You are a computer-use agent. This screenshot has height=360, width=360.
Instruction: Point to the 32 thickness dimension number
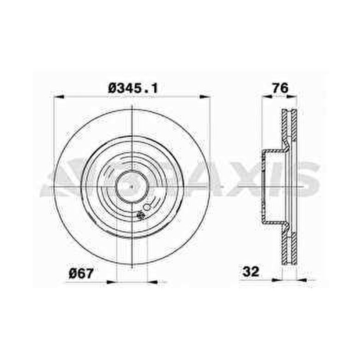coord(251,272)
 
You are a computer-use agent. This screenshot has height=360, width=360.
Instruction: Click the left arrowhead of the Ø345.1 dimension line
coord(59,97)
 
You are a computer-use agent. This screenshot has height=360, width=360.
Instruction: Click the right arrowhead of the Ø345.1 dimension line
coord(205,97)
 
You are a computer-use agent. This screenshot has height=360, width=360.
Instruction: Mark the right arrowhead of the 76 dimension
coord(292,97)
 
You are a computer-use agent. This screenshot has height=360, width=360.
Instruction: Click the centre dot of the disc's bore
coord(131,186)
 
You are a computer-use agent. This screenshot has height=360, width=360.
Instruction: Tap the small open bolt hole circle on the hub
coord(146,207)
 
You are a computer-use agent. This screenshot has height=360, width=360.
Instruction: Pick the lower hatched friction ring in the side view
coord(289,249)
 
